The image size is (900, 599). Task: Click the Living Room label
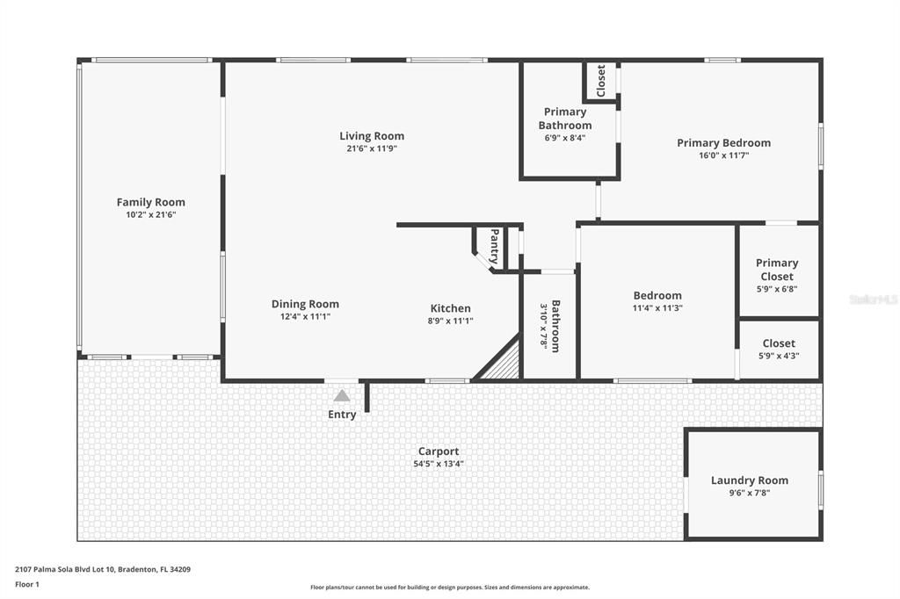click(372, 136)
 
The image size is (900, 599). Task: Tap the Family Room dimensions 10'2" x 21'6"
click(151, 214)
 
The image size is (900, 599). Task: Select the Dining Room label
click(305, 304)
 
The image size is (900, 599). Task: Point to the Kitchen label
click(450, 308)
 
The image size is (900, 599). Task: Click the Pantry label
click(494, 247)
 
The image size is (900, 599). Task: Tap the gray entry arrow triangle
click(341, 396)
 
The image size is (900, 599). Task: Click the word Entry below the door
click(342, 415)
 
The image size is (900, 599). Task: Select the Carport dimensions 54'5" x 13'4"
click(439, 464)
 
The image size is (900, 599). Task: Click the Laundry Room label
click(749, 480)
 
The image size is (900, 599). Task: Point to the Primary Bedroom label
click(723, 143)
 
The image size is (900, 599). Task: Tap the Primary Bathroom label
click(565, 119)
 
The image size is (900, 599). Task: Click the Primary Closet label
click(777, 269)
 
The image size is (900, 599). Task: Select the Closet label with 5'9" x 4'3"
click(779, 343)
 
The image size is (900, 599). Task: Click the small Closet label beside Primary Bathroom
click(601, 81)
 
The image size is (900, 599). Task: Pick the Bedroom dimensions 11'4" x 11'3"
click(657, 308)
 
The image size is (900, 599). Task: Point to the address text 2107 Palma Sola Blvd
click(103, 569)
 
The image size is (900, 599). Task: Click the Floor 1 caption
click(27, 584)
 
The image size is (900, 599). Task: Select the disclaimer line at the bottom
click(449, 588)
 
